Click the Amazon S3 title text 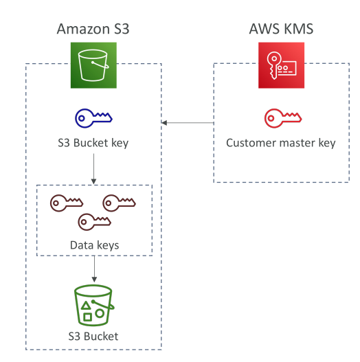point(93,29)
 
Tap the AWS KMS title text point(281,29)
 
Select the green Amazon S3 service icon point(93,65)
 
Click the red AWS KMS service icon point(281,65)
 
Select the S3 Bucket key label point(93,143)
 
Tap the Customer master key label point(281,143)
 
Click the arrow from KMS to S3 point(188,122)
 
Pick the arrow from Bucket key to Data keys point(93,169)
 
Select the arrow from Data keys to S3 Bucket point(94,269)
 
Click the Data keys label point(94,245)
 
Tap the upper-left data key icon point(67,203)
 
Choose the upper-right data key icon point(119,203)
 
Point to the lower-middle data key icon point(94,222)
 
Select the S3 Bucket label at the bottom point(93,337)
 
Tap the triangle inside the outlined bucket point(86,306)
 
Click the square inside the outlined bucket point(87,317)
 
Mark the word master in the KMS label point(297,143)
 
